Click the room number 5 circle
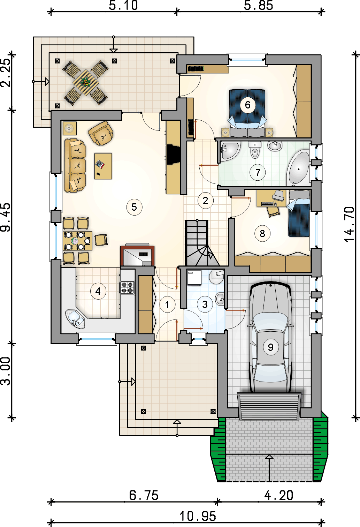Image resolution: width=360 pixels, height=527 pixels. tap(134, 207)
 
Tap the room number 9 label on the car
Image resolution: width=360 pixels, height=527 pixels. tap(271, 347)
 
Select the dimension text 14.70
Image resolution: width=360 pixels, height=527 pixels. tap(350, 224)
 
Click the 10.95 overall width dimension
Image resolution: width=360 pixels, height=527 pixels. tap(198, 517)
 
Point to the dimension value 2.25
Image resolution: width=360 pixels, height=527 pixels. tap(6, 73)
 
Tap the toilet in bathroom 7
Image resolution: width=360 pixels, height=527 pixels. tap(255, 150)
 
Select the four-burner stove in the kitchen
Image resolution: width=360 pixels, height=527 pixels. tap(127, 287)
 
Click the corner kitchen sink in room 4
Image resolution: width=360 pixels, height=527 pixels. tap(75, 319)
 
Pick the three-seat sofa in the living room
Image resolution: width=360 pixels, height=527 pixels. tap(75, 165)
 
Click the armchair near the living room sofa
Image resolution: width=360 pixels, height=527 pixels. tap(101, 133)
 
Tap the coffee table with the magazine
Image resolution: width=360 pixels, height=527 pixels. tap(103, 166)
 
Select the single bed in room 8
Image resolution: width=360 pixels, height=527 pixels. tap(298, 213)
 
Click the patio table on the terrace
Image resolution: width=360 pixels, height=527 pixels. tap(85, 83)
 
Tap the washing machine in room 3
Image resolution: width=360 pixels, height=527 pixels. tap(194, 278)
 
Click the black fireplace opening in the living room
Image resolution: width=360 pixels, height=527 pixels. tap(173, 155)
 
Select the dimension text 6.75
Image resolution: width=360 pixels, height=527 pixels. tap(144, 495)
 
